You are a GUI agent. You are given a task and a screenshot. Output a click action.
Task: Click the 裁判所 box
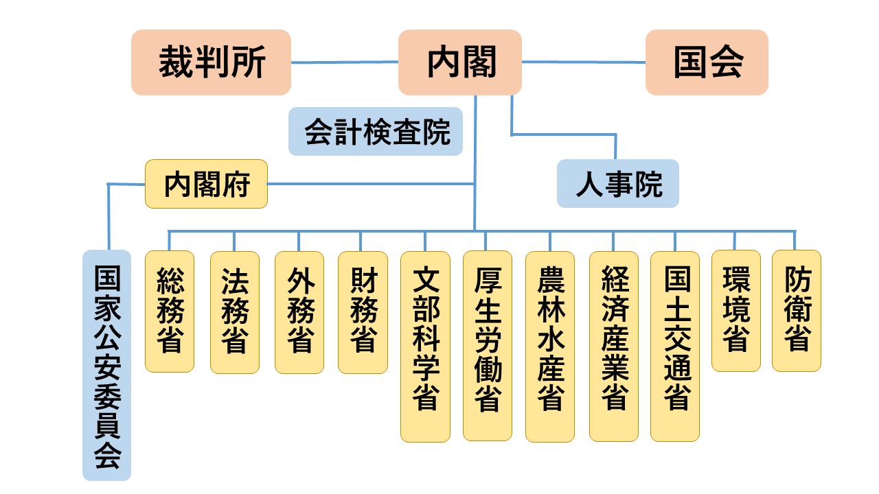click(211, 62)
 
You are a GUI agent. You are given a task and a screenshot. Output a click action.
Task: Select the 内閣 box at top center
click(459, 62)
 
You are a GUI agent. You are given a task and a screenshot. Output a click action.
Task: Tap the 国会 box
click(706, 62)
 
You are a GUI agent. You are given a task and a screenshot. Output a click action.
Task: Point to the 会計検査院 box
click(376, 132)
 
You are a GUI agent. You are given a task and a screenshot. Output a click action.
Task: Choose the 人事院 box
click(617, 184)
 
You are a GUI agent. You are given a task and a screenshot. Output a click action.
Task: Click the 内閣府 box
click(206, 184)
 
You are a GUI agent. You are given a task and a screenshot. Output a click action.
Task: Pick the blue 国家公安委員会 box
click(106, 365)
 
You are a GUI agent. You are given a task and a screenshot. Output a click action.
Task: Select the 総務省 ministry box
click(170, 311)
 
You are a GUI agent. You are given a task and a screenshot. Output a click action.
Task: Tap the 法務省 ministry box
click(234, 311)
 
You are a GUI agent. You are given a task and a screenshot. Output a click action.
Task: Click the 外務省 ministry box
click(299, 311)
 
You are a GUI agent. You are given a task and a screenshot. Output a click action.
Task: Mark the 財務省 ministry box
click(363, 311)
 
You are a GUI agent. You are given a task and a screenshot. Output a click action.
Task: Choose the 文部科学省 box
click(425, 346)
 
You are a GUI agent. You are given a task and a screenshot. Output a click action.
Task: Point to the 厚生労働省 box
click(487, 346)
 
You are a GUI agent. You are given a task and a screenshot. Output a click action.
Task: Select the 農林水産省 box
click(550, 346)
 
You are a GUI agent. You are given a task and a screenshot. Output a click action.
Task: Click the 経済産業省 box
click(614, 346)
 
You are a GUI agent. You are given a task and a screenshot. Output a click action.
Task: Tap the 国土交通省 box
click(675, 346)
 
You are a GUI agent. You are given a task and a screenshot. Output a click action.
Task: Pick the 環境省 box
click(735, 310)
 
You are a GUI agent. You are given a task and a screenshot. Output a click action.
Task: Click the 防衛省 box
click(796, 310)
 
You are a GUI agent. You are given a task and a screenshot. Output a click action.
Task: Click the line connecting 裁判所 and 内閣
click(345, 62)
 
